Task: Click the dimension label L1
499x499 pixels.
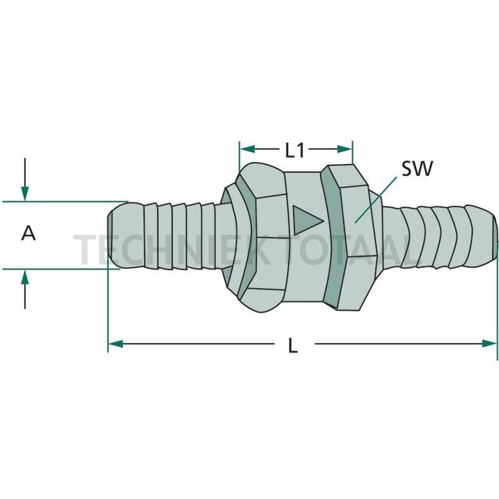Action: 296,150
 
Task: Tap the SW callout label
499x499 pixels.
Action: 418,168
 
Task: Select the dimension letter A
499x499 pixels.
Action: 28,233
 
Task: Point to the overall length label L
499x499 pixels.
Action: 292,345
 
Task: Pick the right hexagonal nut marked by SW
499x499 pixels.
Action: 355,238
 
